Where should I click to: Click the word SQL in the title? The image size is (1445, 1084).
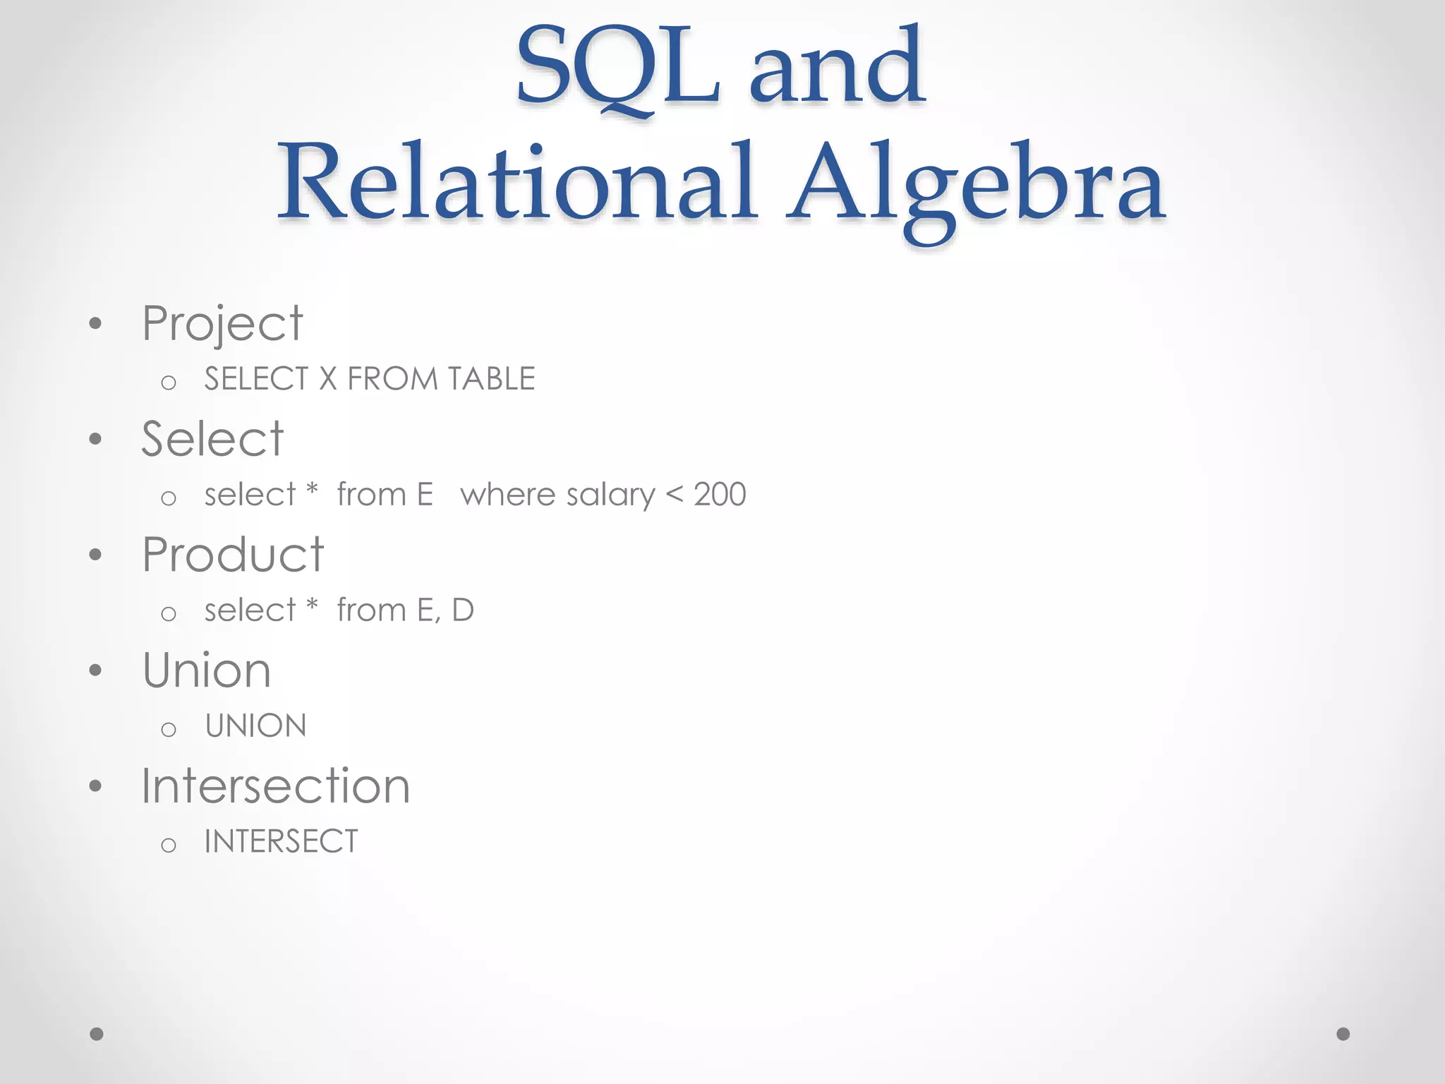(618, 67)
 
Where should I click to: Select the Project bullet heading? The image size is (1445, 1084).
(222, 324)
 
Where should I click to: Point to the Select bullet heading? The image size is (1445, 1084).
(212, 439)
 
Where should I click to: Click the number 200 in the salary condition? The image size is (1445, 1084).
(720, 495)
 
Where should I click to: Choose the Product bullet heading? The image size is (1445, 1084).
(233, 555)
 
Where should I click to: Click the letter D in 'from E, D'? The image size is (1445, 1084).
(463, 610)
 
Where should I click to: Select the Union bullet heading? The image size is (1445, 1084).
(207, 670)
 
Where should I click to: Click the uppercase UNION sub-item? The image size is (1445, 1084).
(256, 726)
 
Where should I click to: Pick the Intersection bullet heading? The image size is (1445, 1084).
(275, 786)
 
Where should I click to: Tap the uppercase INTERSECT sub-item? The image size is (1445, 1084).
(282, 841)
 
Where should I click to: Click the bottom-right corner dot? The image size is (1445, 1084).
(1343, 1034)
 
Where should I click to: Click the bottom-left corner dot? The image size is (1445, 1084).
(97, 1034)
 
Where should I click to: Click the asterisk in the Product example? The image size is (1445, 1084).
(312, 606)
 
